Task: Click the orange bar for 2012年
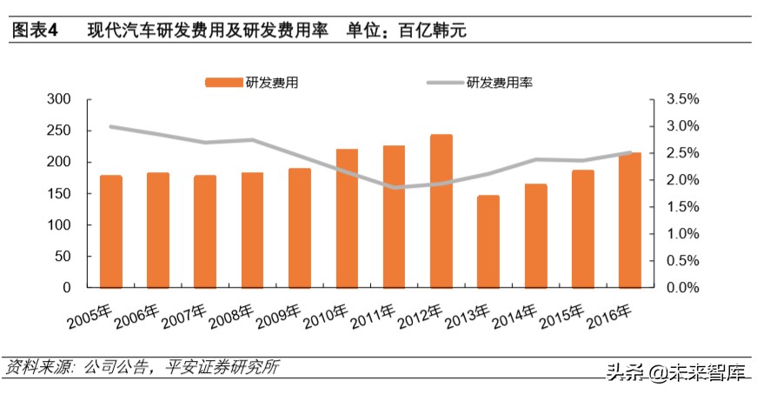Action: pyautogui.click(x=442, y=211)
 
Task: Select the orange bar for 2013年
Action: pyautogui.click(x=488, y=242)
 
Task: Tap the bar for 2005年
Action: pyautogui.click(x=110, y=231)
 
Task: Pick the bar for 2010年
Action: pyautogui.click(x=347, y=218)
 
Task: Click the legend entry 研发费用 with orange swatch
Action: pyautogui.click(x=253, y=83)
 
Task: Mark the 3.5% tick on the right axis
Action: pyautogui.click(x=681, y=100)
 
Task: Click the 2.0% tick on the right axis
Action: pyautogui.click(x=681, y=180)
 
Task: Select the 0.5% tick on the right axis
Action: pyautogui.click(x=681, y=261)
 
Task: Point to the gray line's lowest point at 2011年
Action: pyautogui.click(x=395, y=187)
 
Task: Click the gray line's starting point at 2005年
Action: pyautogui.click(x=110, y=126)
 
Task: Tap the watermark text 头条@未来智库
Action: pyautogui.click(x=679, y=373)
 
